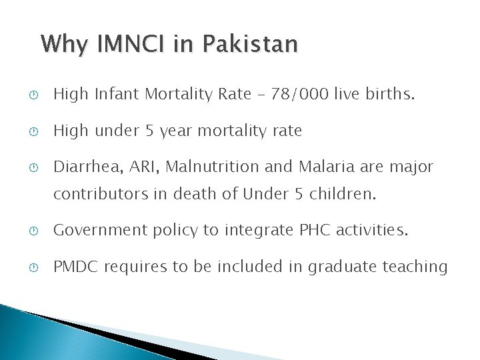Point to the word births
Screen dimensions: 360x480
click(390, 95)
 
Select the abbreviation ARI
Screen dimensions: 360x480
click(134, 167)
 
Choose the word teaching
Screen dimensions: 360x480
click(415, 267)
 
